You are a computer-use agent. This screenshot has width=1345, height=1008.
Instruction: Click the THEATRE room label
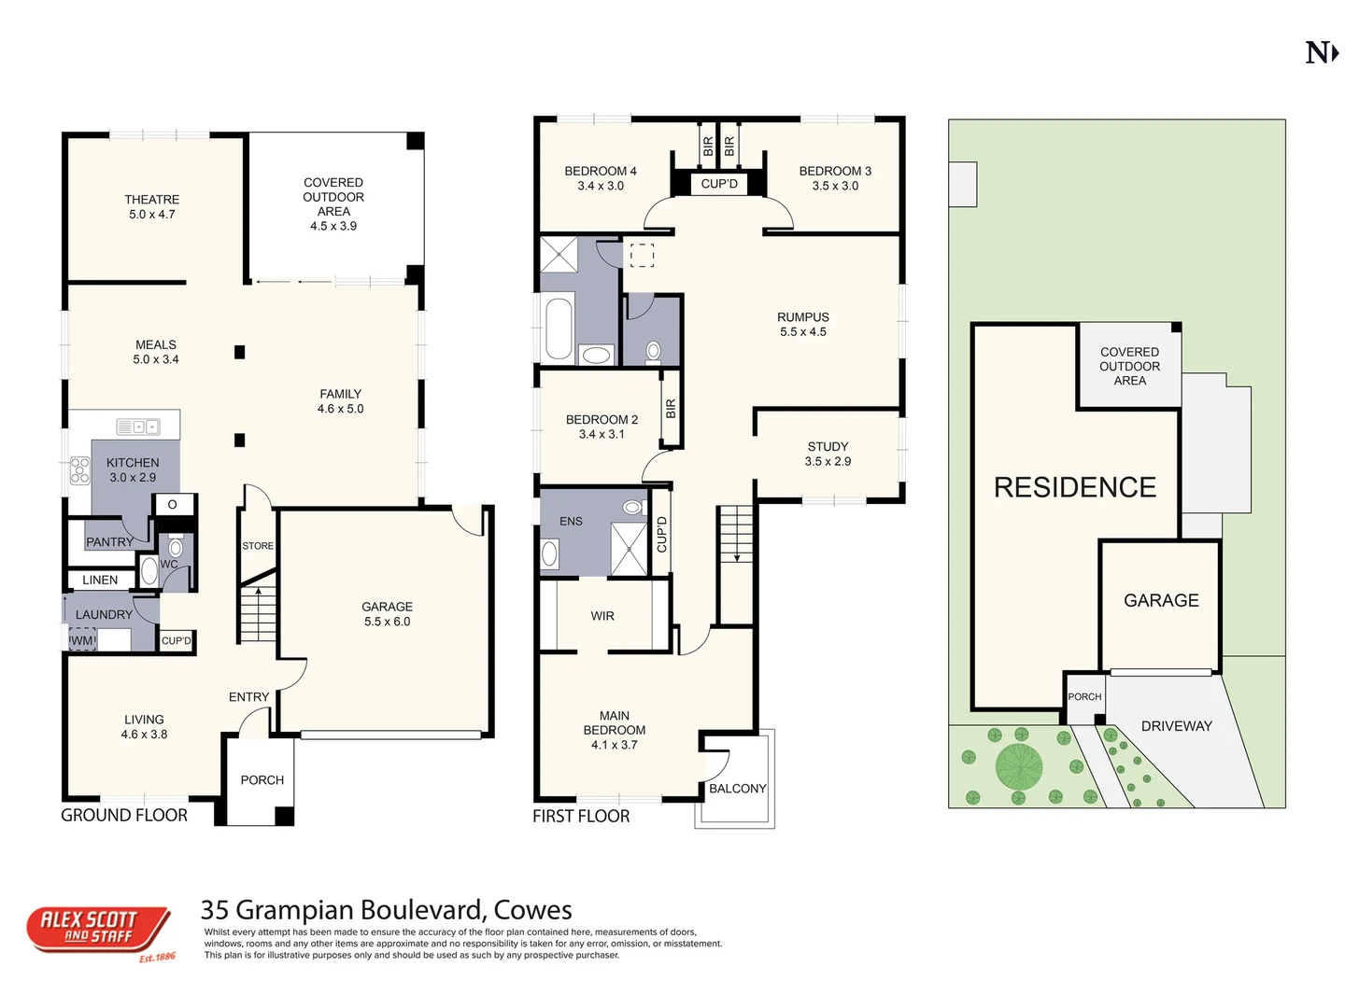(151, 200)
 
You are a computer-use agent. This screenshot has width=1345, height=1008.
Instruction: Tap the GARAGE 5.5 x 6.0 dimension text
(387, 622)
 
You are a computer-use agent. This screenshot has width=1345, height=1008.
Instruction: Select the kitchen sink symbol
(137, 427)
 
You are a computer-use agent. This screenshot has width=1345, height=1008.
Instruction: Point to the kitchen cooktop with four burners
(80, 469)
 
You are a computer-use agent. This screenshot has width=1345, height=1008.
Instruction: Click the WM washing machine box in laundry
(82, 640)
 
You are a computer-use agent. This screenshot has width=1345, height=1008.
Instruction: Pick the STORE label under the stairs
(258, 546)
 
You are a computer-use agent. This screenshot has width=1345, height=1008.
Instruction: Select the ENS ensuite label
(571, 522)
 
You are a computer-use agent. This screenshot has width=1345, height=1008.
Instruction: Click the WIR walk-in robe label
(602, 616)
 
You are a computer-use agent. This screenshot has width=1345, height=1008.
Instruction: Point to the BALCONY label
(737, 789)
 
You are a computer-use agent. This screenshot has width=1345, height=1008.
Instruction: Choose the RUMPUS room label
(802, 317)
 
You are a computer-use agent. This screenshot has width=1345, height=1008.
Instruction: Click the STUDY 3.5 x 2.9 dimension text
(828, 461)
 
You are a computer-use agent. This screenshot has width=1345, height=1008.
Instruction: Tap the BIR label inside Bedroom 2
(671, 409)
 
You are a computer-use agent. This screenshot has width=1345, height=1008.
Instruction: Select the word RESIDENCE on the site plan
(1074, 487)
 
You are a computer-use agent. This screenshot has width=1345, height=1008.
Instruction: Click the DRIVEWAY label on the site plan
(1176, 726)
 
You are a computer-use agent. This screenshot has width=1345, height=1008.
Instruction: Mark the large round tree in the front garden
(1018, 766)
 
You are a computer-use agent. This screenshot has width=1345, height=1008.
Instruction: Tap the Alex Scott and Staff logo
(99, 931)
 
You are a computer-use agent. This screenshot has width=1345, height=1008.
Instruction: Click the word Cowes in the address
(532, 909)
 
